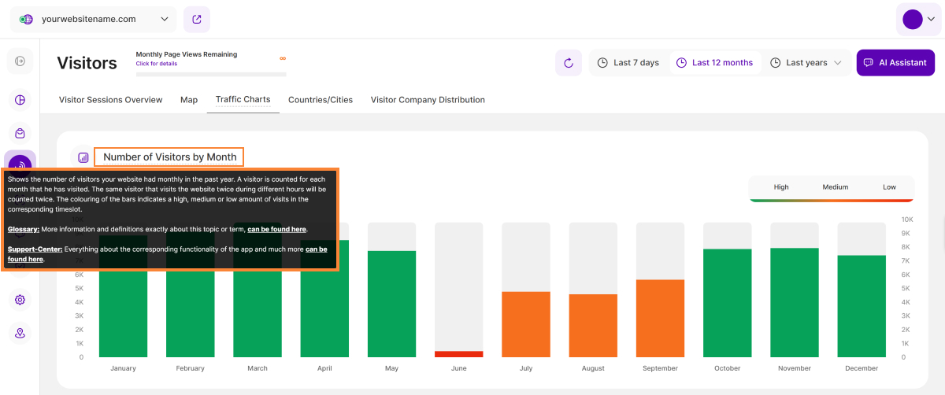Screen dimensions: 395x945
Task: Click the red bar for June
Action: (x=459, y=354)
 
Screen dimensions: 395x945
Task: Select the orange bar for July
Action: (x=526, y=324)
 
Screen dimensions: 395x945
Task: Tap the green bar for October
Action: (x=727, y=303)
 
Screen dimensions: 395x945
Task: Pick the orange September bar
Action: (x=660, y=319)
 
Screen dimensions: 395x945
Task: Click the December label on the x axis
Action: (x=862, y=368)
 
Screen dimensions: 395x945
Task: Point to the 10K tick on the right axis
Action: (x=907, y=220)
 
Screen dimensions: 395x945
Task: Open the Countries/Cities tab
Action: (x=321, y=100)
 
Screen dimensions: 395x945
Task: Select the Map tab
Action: (x=189, y=100)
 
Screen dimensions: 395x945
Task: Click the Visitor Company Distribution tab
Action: (x=428, y=100)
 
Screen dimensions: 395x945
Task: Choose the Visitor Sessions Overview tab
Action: (x=111, y=100)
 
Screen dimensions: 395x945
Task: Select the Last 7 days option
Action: (x=628, y=63)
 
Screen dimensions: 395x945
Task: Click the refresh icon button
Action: (x=569, y=63)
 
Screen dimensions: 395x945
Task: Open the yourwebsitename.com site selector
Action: (x=94, y=19)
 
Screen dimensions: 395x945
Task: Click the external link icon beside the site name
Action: (x=197, y=19)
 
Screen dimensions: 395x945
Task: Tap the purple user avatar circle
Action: (x=913, y=20)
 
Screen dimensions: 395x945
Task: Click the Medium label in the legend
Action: (x=836, y=187)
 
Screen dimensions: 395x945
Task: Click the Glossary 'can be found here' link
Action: (x=277, y=229)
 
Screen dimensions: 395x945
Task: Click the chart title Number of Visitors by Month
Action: (x=169, y=157)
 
